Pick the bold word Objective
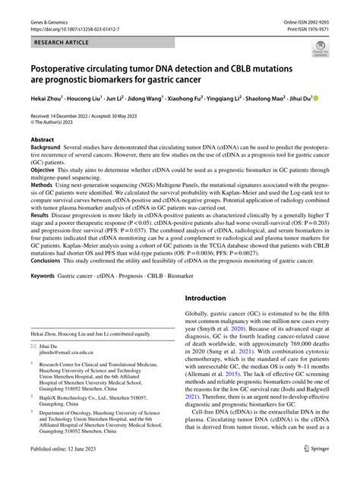click(x=44, y=172)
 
